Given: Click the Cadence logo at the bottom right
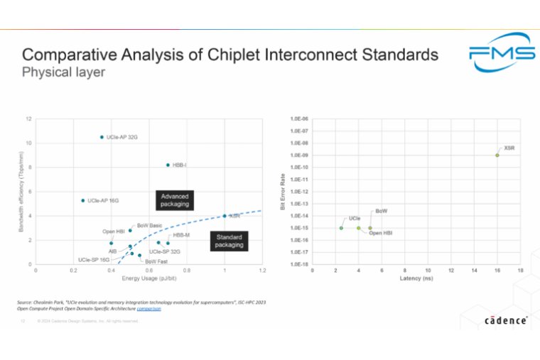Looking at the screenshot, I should (506, 320).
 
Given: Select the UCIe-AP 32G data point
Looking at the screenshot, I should (102, 137).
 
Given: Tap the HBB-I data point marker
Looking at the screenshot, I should (168, 165).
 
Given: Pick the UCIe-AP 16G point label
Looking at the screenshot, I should (103, 201).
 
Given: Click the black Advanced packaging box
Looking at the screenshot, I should (174, 200).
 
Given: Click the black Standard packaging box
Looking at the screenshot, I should (229, 240).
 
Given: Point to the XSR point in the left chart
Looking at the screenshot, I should (225, 216).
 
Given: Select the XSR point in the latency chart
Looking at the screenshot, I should (497, 155).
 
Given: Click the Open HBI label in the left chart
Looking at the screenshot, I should (114, 231).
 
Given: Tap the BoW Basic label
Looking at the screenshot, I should (150, 224).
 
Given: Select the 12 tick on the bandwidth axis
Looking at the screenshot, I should (28, 119).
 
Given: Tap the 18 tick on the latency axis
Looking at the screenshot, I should (520, 271).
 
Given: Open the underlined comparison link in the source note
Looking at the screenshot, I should (148, 309).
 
